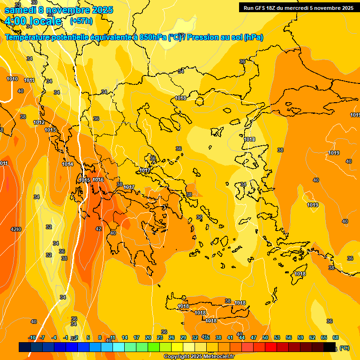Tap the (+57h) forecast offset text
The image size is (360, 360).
point(81,21)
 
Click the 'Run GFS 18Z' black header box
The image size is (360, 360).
point(298,7)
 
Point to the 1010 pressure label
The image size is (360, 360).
point(12,79)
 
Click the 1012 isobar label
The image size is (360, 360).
point(39,122)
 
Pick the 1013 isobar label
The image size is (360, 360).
point(50,130)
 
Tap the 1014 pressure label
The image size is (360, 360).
point(67,164)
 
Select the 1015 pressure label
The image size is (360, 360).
point(84,180)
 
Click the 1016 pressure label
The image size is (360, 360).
point(98,180)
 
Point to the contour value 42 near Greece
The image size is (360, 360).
point(98,229)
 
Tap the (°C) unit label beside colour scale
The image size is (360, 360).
point(344,348)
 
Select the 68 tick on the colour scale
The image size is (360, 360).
point(336,337)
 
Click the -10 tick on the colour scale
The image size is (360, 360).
point(32,337)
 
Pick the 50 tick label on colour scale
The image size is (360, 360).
point(265,337)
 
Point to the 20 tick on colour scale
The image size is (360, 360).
point(148,337)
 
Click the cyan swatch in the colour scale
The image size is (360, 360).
point(119,347)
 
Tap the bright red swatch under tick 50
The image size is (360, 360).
point(271,347)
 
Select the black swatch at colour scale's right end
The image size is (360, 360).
point(330,347)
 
